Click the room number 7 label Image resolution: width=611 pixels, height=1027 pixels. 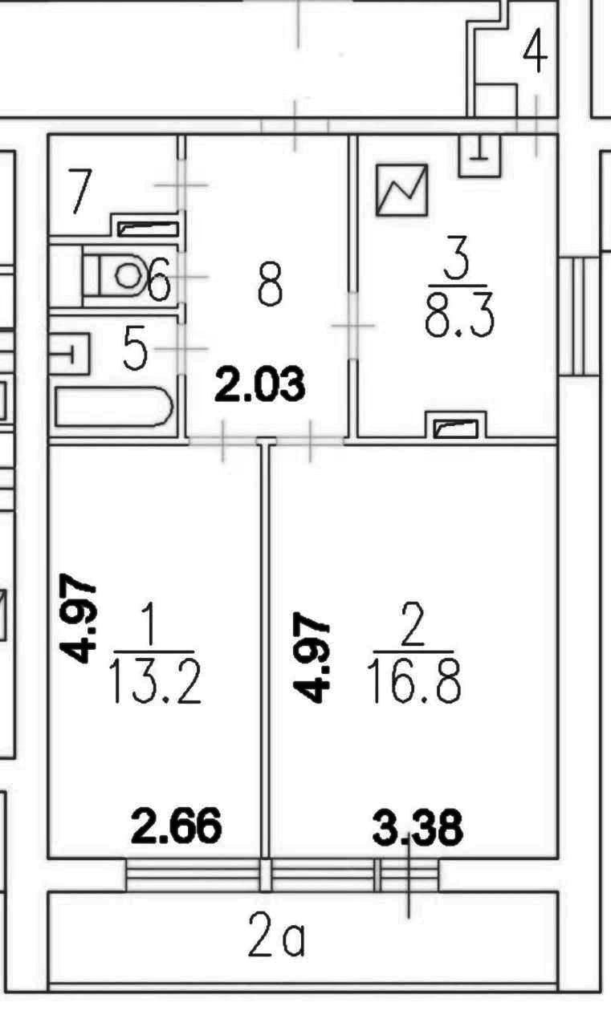79,192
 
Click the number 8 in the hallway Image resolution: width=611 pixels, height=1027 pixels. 270,284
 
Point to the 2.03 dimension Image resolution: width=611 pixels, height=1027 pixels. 259,385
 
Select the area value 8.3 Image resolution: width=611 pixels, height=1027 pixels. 458,317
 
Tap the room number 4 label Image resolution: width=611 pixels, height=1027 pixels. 535,54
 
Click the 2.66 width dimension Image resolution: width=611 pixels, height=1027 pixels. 176,826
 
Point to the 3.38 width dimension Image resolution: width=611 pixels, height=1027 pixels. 418,827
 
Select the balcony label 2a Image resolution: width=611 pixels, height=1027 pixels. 276,940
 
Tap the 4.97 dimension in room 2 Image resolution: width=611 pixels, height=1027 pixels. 311,660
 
